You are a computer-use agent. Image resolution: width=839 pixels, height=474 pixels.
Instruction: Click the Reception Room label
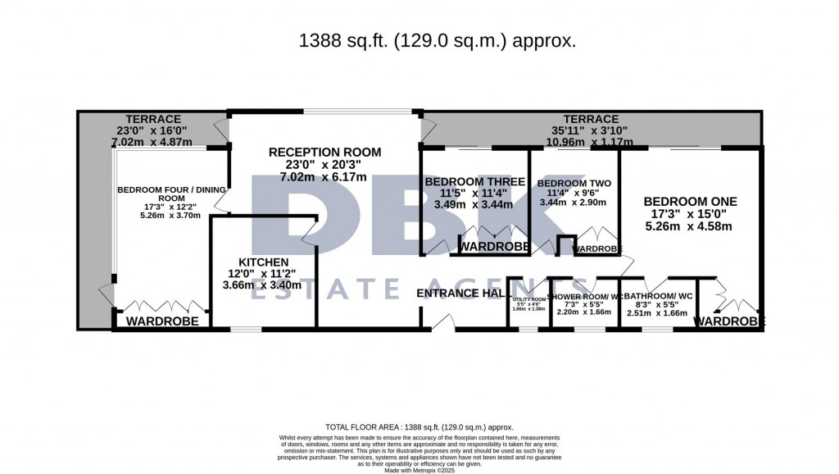tap(324, 152)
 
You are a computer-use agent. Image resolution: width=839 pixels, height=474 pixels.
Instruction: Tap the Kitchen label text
tap(264, 262)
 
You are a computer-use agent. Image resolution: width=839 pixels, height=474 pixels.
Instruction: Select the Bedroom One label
tap(690, 201)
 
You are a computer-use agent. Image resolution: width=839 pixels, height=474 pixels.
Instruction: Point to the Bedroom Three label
tap(474, 181)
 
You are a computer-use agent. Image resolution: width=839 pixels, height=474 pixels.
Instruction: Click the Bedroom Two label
tap(574, 183)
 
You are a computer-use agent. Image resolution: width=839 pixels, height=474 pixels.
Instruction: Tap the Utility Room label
tap(528, 299)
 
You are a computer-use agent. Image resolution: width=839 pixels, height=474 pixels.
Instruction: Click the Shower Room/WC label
tap(585, 296)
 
